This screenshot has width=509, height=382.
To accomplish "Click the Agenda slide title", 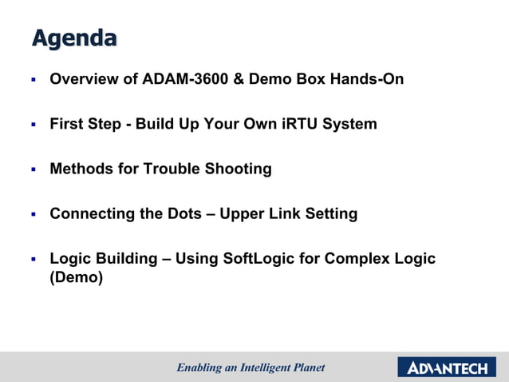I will [74, 38].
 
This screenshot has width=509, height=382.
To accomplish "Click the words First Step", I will [85, 124].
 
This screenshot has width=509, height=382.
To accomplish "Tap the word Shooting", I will [239, 169].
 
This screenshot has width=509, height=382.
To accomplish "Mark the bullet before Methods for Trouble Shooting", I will [34, 169].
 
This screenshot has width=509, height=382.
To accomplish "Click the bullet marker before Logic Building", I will [34, 259].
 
